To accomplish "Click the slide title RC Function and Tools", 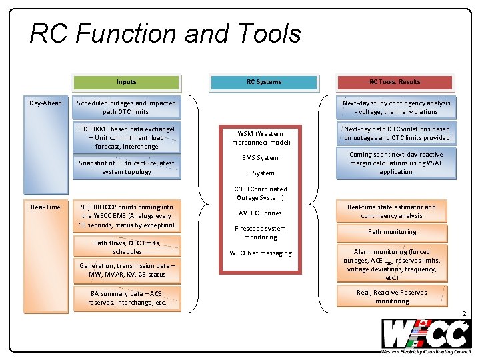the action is tap(165, 34).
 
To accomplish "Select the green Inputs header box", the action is tap(127, 82).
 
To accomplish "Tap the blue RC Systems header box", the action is tap(263, 82).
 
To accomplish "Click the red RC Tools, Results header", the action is tap(395, 82).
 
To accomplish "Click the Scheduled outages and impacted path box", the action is tap(127, 107).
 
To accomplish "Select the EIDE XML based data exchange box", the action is tap(127, 137).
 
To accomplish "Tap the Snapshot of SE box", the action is tap(127, 167).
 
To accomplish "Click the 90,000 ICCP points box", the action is tap(127, 216).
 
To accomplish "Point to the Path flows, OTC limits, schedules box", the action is tap(127, 247).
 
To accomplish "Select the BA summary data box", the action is tap(127, 298).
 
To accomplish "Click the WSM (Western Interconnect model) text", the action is tap(261, 138).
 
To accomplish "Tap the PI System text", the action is tap(261, 173).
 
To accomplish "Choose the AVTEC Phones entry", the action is tap(261, 213).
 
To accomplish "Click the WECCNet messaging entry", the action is tap(261, 253).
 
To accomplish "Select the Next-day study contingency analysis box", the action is tap(396, 107).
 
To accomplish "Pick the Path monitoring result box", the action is tap(392, 232).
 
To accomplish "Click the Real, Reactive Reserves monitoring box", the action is tap(392, 297).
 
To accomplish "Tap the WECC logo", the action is tap(425, 336).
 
